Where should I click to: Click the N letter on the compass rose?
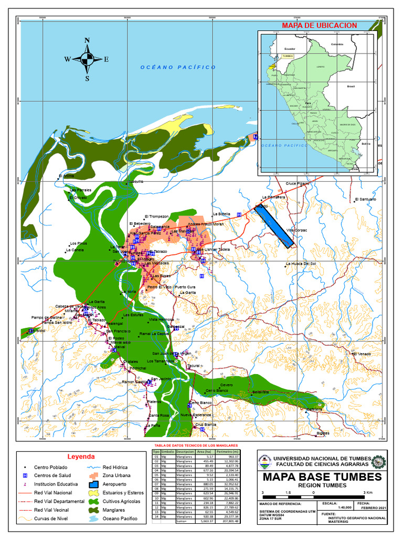(x=87, y=40)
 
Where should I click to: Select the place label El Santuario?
(x=365, y=200)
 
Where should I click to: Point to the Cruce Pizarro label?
(x=297, y=183)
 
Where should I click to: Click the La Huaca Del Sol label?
(x=301, y=263)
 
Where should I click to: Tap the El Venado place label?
(x=362, y=354)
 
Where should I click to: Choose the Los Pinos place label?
(x=78, y=244)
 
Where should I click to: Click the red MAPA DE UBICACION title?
(x=319, y=25)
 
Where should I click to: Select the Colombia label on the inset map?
(x=336, y=45)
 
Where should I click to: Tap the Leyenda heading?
(x=81, y=457)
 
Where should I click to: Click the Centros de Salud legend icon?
(x=25, y=475)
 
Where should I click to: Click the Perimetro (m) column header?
(x=228, y=451)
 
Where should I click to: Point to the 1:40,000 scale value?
(x=330, y=508)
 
